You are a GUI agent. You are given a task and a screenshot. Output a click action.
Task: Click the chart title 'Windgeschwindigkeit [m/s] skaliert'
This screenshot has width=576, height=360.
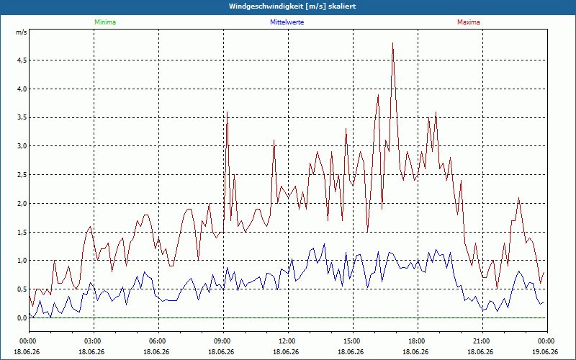[x=292, y=6]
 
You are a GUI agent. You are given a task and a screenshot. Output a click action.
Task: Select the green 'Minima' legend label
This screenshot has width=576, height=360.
[x=105, y=22]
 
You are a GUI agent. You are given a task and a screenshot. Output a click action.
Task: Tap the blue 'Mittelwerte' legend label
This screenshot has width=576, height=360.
[x=287, y=22]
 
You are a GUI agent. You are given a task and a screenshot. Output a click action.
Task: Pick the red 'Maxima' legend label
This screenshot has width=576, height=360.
[x=469, y=22]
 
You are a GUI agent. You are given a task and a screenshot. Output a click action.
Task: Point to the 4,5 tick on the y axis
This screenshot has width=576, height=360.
[x=22, y=60]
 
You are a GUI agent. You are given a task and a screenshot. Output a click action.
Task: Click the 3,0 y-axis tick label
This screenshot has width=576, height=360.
[x=22, y=146]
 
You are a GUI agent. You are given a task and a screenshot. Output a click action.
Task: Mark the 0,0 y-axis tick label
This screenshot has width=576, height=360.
[x=22, y=318]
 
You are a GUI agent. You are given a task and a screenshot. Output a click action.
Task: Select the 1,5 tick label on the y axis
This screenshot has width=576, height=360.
[x=22, y=232]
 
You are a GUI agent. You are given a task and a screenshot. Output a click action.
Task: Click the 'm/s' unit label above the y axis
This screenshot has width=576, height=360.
[x=22, y=32]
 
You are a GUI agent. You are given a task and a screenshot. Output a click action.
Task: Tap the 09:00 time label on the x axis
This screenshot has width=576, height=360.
[x=223, y=341]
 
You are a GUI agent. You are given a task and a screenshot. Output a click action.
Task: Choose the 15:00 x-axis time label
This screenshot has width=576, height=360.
[x=353, y=341]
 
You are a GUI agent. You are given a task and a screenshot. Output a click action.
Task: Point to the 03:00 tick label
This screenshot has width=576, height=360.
[x=94, y=341]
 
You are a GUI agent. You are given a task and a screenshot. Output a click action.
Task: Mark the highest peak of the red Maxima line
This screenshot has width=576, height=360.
[x=392, y=43]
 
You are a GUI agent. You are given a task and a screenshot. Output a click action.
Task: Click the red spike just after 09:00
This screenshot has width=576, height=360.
[x=228, y=112]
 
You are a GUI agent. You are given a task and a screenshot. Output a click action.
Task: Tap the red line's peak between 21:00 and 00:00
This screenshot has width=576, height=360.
[x=518, y=198]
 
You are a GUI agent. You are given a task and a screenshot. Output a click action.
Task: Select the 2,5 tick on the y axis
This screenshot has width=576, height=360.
[x=22, y=175]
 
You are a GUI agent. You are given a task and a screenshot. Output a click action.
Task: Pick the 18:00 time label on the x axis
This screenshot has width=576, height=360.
[x=418, y=341]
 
